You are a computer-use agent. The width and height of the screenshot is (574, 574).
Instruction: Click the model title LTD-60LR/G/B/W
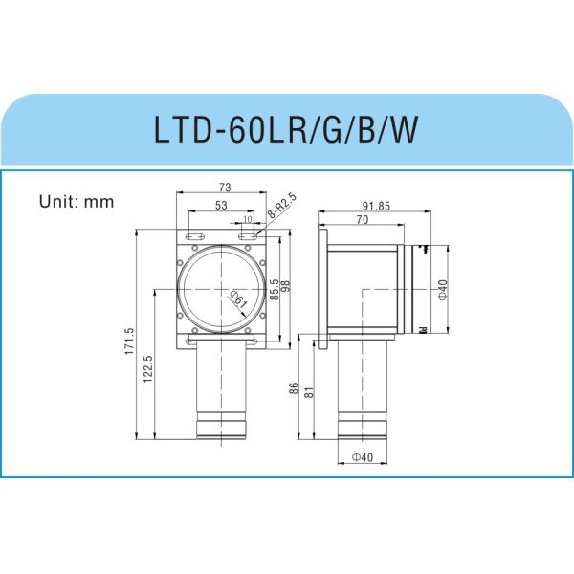[286, 129]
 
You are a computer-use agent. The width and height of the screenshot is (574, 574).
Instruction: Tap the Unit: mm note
[77, 202]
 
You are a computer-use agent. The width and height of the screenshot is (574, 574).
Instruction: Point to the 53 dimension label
[221, 206]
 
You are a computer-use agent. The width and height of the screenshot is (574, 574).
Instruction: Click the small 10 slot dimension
[248, 220]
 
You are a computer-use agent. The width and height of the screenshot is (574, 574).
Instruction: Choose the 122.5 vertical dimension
[148, 371]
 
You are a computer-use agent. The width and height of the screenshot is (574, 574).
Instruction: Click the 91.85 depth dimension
[376, 206]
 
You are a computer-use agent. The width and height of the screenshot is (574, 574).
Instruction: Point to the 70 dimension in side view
[362, 220]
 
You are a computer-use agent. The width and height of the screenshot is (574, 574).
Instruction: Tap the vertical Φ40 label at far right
[441, 289]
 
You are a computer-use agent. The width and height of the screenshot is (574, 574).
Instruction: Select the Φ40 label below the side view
[362, 457]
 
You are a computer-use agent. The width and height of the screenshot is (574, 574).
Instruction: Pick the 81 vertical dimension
[308, 392]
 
